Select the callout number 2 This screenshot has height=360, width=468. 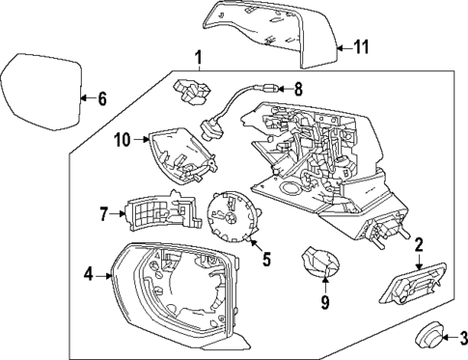[x=419, y=245]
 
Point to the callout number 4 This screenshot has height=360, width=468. [x=88, y=274]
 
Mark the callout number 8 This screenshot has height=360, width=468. [x=298, y=90]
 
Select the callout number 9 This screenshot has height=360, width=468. [x=325, y=302]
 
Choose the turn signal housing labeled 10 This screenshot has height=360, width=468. [x=179, y=152]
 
